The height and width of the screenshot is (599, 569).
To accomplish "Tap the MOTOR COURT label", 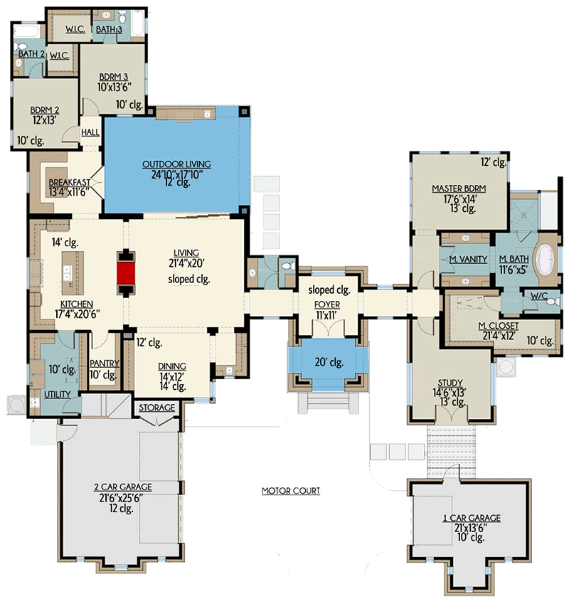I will coord(290,491).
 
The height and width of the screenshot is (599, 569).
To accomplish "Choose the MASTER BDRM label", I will coord(458,189).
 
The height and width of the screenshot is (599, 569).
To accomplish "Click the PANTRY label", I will coord(104,363).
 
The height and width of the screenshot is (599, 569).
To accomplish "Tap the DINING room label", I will coord(171,366).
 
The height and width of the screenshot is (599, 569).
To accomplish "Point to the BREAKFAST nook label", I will coord(68,183).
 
